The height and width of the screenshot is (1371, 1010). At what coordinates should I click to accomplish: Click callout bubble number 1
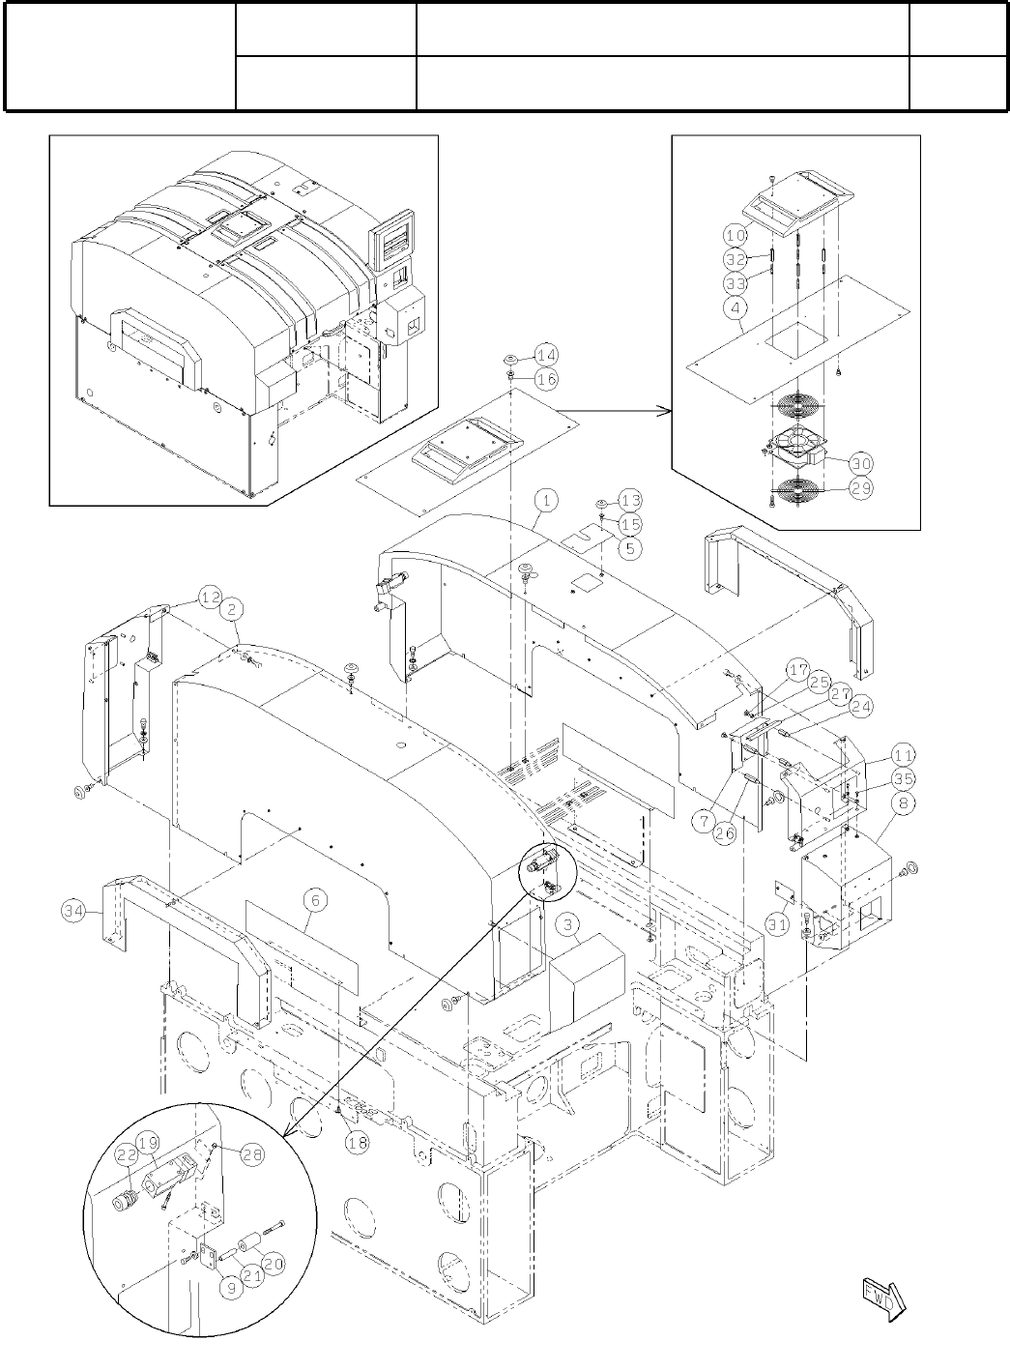[x=547, y=500]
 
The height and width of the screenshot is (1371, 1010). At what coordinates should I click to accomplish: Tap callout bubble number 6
[x=316, y=899]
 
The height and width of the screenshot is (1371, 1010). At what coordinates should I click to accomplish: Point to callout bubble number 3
[x=567, y=922]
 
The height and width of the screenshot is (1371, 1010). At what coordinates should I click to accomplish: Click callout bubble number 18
[x=357, y=1142]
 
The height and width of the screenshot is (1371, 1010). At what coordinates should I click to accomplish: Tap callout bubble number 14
[x=546, y=354]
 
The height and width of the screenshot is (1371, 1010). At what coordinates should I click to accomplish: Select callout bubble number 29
[x=859, y=488]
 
